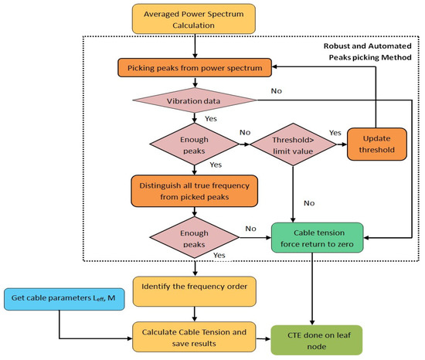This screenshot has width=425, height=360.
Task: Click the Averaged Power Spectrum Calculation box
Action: [193, 19]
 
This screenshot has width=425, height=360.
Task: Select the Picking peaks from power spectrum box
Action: [195, 67]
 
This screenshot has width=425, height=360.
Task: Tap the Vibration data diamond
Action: [194, 100]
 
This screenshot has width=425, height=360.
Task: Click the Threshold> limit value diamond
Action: [293, 144]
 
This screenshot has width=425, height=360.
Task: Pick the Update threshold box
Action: [377, 144]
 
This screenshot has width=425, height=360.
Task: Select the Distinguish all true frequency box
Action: [194, 191]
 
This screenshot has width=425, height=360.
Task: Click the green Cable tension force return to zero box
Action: [317, 238]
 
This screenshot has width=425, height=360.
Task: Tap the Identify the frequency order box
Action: [194, 291]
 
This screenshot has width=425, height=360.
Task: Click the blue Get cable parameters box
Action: [64, 299]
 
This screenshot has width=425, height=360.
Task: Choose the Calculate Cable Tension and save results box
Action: [194, 337]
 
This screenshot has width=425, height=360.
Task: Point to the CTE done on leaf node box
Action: [317, 340]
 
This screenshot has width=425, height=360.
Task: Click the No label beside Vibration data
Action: [277, 91]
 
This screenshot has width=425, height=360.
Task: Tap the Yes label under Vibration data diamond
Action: [211, 119]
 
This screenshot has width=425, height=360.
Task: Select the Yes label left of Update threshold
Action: [335, 133]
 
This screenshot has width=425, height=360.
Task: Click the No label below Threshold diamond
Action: [309, 203]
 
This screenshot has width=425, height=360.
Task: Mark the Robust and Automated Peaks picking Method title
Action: [368, 52]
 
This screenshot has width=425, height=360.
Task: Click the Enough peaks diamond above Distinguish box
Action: [194, 144]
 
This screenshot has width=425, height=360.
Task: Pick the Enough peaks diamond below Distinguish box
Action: [194, 238]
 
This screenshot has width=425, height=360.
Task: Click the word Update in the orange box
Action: [377, 138]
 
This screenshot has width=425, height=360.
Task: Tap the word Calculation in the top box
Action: [193, 25]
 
